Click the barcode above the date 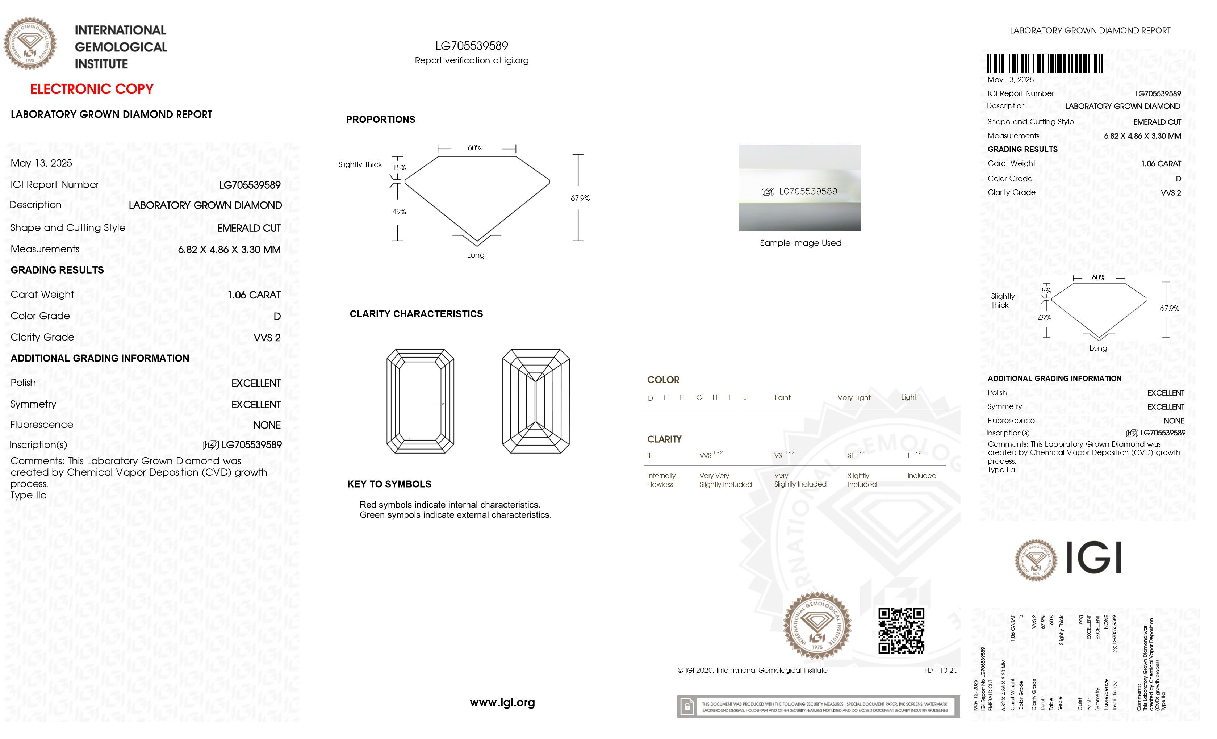click(1045, 64)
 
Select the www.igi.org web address click(502, 702)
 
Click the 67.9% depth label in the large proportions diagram click(580, 198)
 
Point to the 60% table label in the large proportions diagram click(474, 148)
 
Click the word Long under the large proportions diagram click(476, 255)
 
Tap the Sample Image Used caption click(800, 243)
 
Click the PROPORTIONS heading click(380, 120)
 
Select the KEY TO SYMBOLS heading click(389, 484)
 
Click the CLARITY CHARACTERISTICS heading click(416, 314)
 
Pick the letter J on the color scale click(745, 398)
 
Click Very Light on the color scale click(853, 398)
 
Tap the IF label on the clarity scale click(649, 455)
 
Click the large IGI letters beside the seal click(1093, 558)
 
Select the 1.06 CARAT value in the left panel click(254, 295)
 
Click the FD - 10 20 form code click(940, 670)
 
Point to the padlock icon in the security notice click(686, 707)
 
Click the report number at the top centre click(471, 46)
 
